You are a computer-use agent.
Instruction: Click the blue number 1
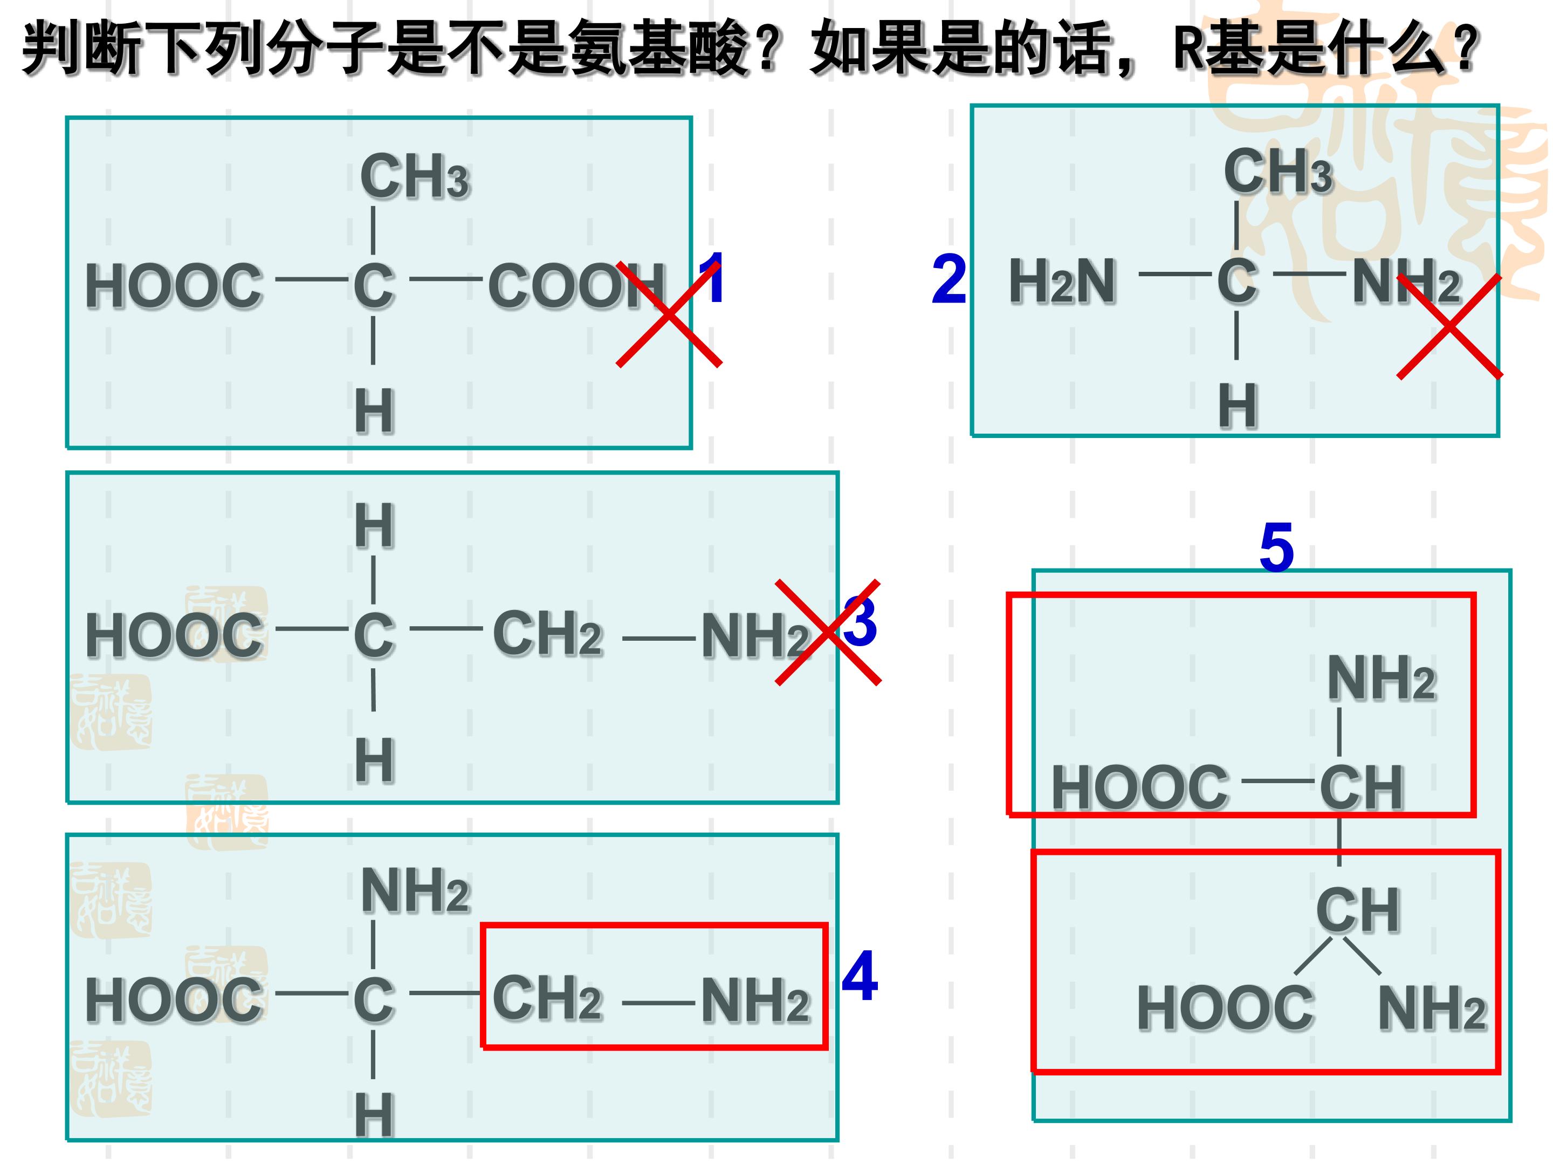point(711,278)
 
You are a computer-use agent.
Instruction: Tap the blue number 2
point(949,279)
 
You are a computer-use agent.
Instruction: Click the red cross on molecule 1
point(669,314)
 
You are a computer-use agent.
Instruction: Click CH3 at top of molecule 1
point(414,177)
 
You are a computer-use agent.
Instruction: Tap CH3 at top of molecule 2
point(1278,172)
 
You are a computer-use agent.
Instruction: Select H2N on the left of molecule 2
point(1062,282)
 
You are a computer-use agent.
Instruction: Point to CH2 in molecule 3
point(548,633)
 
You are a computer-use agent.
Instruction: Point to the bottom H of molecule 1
point(374,412)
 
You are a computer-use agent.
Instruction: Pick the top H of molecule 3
point(374,526)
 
